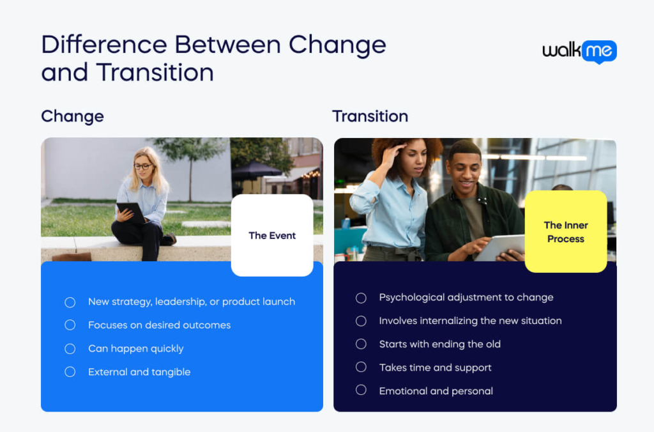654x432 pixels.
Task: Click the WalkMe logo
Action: [x=579, y=52]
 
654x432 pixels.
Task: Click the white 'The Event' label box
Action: [x=272, y=235]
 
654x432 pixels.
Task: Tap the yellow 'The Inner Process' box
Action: [x=566, y=231]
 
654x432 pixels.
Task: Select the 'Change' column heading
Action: [x=73, y=116]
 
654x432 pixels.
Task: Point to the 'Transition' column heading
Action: [x=370, y=116]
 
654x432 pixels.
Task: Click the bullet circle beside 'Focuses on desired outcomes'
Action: [x=70, y=325]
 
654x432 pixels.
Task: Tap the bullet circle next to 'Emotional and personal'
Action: [x=361, y=390]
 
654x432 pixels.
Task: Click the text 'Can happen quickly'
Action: [x=136, y=348]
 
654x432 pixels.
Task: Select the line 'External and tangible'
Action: [x=139, y=372]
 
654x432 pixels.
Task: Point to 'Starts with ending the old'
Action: [x=439, y=344]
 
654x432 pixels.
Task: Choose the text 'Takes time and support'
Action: [x=435, y=367]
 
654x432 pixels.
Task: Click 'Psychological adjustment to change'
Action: [x=466, y=297]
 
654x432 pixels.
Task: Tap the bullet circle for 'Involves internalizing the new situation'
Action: [x=361, y=321]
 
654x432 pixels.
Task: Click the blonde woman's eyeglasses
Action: [x=142, y=167]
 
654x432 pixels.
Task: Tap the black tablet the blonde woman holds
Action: [x=131, y=212]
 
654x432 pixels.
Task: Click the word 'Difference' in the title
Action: [x=104, y=45]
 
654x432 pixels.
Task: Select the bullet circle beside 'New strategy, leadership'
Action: [x=70, y=302]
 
